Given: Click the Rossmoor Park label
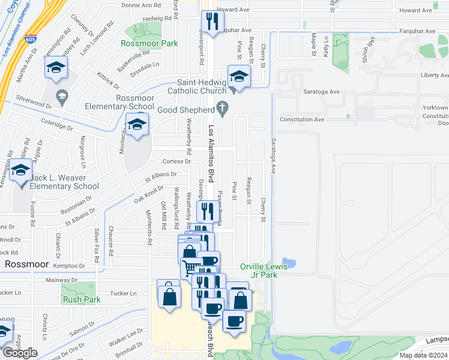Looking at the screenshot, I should coord(149,44).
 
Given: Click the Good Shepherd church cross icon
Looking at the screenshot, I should coord(223,109).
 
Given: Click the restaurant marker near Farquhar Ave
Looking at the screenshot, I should coord(211,22).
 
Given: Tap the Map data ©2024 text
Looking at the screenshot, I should coord(423,355).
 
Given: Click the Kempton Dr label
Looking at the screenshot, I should coord(70,265).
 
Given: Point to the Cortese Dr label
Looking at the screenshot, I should coord(176,161).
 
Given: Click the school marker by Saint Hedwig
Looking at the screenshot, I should coord(239,76).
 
